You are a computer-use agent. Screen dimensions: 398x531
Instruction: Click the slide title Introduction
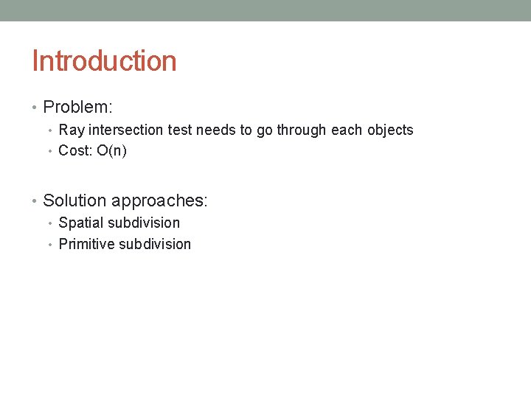tap(104, 60)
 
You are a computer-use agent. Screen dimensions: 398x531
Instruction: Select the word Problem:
tap(77, 108)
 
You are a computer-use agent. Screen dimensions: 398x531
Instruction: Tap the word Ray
tap(72, 130)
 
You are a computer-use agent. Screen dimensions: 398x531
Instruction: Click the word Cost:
tap(76, 151)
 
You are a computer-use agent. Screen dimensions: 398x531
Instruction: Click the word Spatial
tap(81, 223)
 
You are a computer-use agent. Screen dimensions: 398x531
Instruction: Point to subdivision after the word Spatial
tap(144, 223)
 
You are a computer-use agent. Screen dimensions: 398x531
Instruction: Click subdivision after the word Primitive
tap(156, 244)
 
